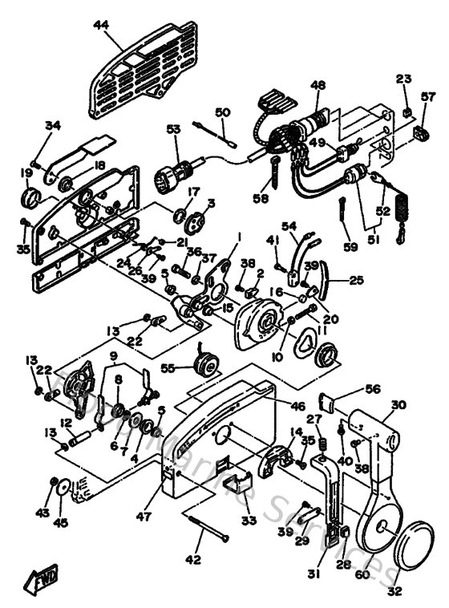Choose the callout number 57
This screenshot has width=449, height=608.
point(428,97)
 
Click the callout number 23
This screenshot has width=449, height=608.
point(403,79)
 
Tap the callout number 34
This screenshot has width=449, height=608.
point(53,125)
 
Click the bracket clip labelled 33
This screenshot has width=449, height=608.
point(234,486)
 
